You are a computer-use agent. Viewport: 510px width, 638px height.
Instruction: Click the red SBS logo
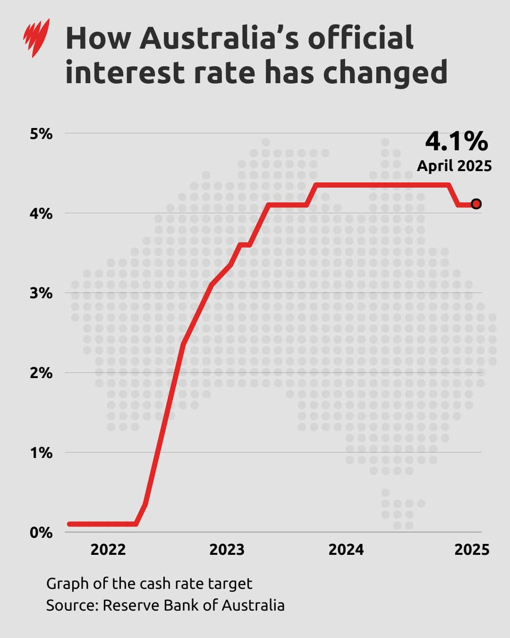pyautogui.click(x=36, y=38)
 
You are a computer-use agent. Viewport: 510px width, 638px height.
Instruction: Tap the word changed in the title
pyautogui.click(x=386, y=73)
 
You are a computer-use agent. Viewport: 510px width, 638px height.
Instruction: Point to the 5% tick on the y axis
pyautogui.click(x=41, y=134)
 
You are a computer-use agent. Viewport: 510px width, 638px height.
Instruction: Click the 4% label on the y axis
pyautogui.click(x=41, y=214)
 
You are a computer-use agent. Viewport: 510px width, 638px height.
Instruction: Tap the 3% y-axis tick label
pyautogui.click(x=41, y=293)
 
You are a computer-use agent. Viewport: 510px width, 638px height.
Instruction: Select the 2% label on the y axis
pyautogui.click(x=41, y=373)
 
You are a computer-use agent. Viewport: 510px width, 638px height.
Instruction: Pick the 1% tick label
pyautogui.click(x=41, y=453)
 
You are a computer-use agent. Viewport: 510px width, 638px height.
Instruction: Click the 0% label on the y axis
pyautogui.click(x=41, y=533)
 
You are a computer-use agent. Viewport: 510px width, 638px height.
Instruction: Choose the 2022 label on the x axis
pyautogui.click(x=108, y=550)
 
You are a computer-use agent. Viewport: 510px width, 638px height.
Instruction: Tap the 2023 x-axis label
pyautogui.click(x=227, y=550)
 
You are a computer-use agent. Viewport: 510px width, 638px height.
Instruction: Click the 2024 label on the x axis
pyautogui.click(x=346, y=550)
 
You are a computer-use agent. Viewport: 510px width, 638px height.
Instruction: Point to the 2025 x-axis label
pyautogui.click(x=472, y=550)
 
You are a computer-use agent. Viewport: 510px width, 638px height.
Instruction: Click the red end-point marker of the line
pyautogui.click(x=476, y=204)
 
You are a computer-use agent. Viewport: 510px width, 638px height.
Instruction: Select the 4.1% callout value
pyautogui.click(x=456, y=140)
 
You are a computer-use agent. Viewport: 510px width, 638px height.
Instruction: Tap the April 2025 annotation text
pyautogui.click(x=454, y=166)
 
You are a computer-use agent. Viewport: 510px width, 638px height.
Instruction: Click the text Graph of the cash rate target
pyautogui.click(x=149, y=584)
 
